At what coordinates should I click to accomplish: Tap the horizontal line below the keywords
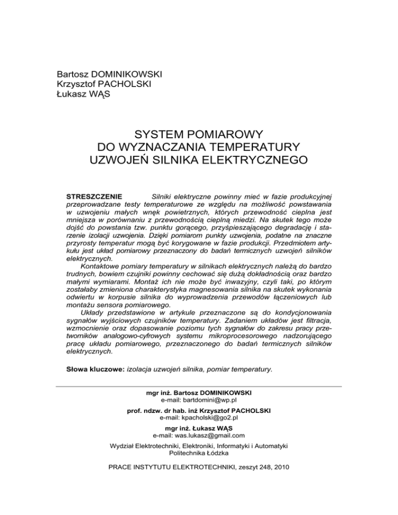[198, 387]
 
